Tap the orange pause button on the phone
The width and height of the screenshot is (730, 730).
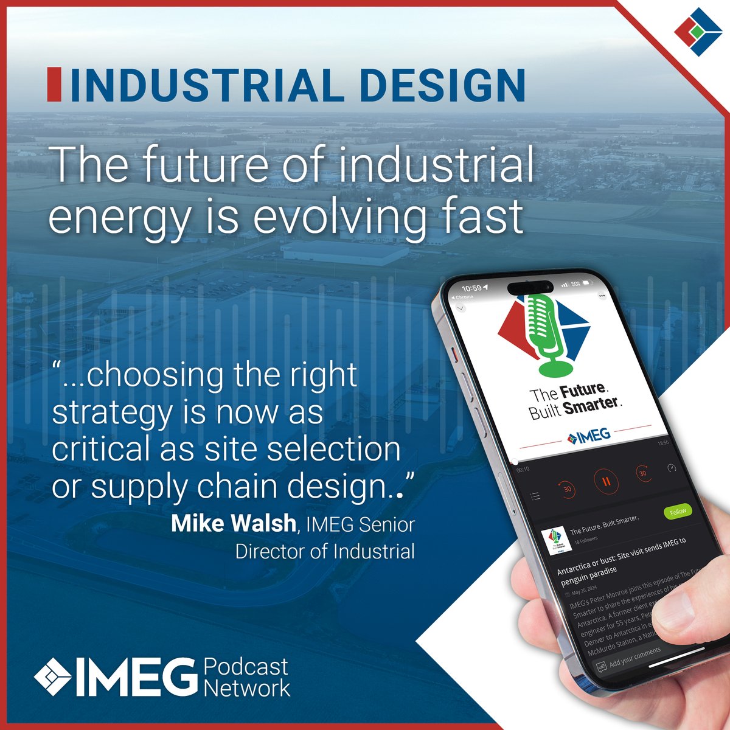click(606, 482)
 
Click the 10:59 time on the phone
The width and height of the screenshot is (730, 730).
click(471, 288)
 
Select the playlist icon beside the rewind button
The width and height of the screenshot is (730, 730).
click(535, 496)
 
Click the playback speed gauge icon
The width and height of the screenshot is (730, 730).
click(672, 468)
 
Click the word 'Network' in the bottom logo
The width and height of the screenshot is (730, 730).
click(247, 688)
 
